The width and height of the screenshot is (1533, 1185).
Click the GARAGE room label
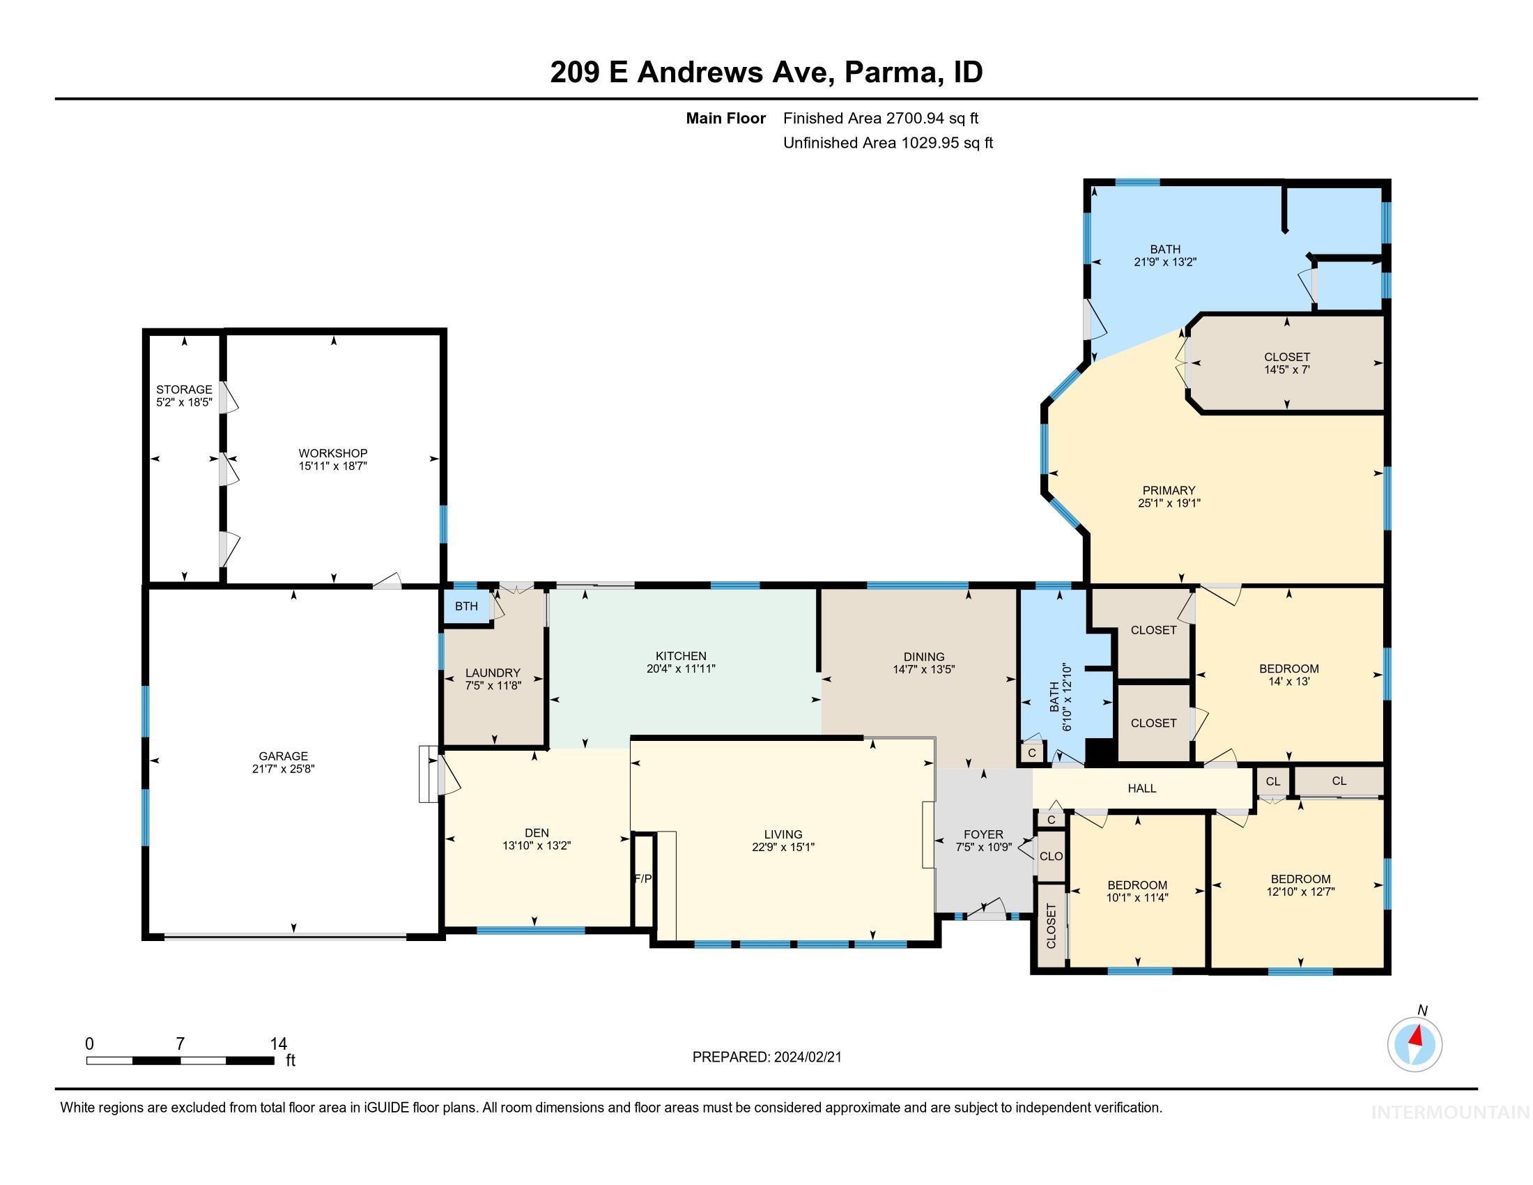coord(283,756)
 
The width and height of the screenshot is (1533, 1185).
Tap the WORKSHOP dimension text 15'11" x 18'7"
coord(332,466)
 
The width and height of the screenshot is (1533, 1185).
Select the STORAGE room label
coord(184,390)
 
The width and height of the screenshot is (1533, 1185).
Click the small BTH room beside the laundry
coord(466,606)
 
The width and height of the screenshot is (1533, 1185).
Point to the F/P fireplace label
coord(642,878)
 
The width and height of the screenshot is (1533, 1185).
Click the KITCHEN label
coord(680,657)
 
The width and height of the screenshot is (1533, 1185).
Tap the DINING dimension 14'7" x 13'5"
coord(924,670)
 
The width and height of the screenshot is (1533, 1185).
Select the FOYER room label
coord(983,834)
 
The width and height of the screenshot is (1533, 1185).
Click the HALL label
coord(1141,788)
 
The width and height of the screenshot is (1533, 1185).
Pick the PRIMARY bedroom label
coord(1168,491)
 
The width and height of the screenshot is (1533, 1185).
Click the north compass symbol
coord(1415,1044)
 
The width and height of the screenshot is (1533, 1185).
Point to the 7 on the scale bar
coord(180,1044)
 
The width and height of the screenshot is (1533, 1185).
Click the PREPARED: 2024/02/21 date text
coord(766,1057)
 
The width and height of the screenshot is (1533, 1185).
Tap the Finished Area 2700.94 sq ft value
coord(880,118)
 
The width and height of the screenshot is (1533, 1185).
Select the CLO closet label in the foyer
coord(1051,857)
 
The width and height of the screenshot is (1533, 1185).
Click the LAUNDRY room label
coord(493,673)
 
